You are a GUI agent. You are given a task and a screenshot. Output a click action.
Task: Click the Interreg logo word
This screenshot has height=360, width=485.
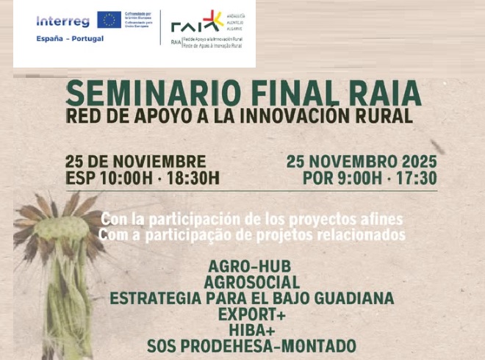tap(62, 21)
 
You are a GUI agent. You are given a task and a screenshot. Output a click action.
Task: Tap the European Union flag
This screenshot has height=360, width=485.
tap(109, 20)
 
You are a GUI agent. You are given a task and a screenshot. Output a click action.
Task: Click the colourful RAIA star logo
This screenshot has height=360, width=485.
tap(213, 20)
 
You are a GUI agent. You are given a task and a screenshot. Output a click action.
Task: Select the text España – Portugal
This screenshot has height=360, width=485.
tap(70, 38)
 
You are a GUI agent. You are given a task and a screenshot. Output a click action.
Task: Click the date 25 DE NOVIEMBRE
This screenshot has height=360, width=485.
tap(135, 162)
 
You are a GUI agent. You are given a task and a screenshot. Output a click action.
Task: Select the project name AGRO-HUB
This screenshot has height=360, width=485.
tap(250, 267)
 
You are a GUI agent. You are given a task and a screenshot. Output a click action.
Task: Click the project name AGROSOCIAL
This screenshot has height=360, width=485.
tap(252, 283)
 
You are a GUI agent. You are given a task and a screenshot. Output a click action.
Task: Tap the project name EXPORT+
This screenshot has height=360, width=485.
tap(251, 314)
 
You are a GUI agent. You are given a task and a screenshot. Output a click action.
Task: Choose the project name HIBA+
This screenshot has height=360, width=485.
tap(251, 330)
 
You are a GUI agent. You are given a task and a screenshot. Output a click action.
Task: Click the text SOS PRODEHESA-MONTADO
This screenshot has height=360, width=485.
tap(251, 346)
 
